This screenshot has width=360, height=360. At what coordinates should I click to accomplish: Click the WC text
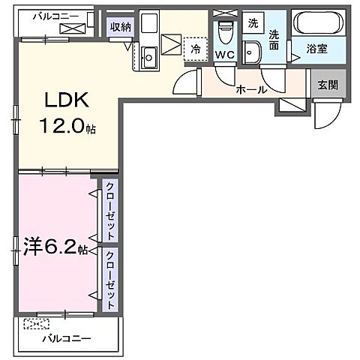pos(224,55)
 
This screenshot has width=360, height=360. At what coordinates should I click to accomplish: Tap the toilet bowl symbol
pos(224,33)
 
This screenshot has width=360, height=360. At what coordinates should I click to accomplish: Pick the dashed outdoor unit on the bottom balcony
pos(34,324)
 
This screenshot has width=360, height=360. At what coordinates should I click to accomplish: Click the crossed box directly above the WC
pos(223,13)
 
